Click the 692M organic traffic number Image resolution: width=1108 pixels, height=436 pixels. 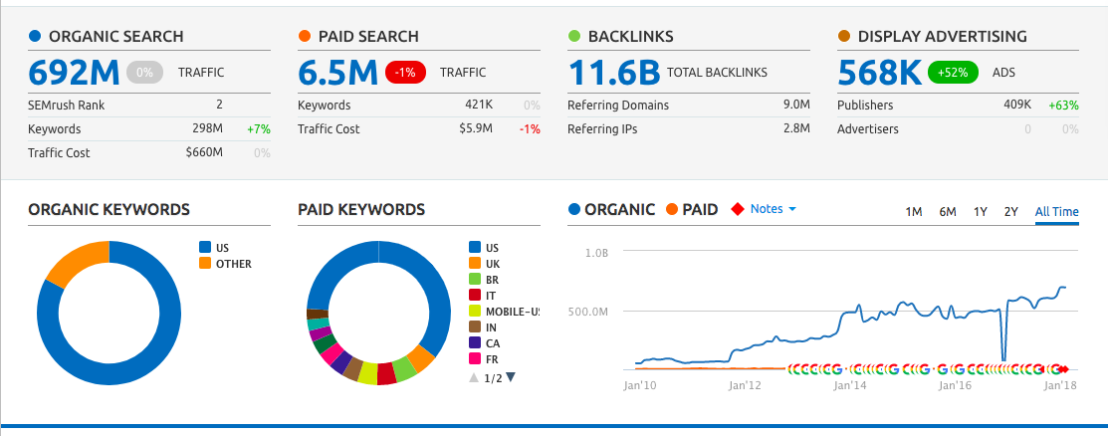click(x=74, y=73)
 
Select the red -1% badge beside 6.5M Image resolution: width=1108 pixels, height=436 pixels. click(x=408, y=73)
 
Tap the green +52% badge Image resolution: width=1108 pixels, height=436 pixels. click(x=953, y=73)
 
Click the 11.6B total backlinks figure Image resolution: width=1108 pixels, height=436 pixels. click(x=613, y=73)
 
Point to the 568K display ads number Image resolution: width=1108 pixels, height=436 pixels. click(x=878, y=73)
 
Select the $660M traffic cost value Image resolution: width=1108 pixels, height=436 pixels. click(x=204, y=153)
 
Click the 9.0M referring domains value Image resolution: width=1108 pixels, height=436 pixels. click(x=795, y=105)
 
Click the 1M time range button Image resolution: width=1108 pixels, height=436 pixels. click(x=913, y=211)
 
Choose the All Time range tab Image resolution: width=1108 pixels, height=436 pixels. click(x=1056, y=211)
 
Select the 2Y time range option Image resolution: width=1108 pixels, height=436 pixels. click(x=1011, y=211)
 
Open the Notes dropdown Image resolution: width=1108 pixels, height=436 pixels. click(x=773, y=209)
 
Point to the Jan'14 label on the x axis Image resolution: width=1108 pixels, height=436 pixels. click(x=849, y=384)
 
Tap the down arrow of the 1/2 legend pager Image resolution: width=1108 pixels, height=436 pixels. click(x=511, y=377)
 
